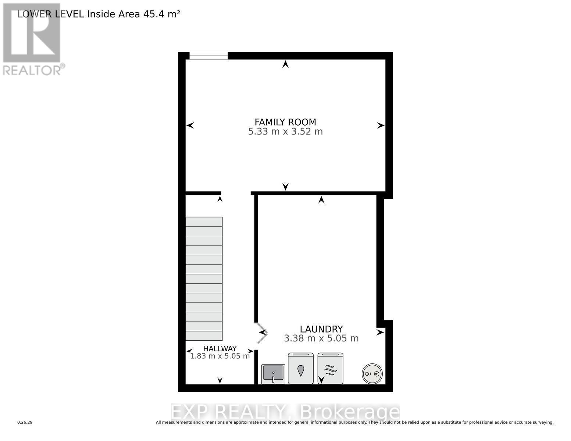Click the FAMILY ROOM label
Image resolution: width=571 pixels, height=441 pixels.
click(285, 122)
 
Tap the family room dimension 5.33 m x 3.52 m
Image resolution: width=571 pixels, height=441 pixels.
click(285, 132)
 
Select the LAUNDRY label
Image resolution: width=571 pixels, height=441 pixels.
click(321, 329)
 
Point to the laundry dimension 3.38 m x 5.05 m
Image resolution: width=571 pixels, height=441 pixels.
click(321, 338)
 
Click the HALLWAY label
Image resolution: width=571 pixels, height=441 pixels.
click(220, 348)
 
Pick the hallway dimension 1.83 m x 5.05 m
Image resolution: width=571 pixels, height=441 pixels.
click(220, 356)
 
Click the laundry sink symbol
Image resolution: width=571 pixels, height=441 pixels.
click(273, 373)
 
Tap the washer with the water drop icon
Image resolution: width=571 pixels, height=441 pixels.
click(301, 369)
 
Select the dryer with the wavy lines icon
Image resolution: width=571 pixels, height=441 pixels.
click(330, 369)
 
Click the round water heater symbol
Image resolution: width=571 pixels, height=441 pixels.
click(372, 374)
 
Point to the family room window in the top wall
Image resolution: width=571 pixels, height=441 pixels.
click(208, 55)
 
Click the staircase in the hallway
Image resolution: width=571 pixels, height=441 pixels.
click(204, 279)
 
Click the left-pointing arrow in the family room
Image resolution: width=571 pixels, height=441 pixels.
click(190, 126)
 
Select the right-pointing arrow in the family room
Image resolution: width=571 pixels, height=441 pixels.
click(381, 126)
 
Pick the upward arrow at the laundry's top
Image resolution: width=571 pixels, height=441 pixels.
click(321, 200)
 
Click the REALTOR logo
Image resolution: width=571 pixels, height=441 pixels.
click(32, 39)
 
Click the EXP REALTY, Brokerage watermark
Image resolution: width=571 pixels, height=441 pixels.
click(285, 412)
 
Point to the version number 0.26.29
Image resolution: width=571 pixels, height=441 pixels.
click(25, 423)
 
